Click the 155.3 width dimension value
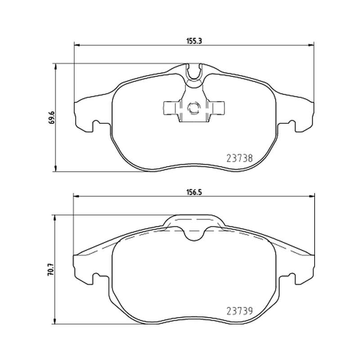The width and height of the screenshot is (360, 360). pos(194,41)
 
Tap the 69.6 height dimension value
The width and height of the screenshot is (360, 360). pos(52,117)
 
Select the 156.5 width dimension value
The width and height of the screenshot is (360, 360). pos(194,193)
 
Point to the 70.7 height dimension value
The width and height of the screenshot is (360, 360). pos(51,270)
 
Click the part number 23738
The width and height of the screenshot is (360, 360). pos(240,158)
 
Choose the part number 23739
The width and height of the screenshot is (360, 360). pos(240,311)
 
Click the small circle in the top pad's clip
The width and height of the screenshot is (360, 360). pos(194,108)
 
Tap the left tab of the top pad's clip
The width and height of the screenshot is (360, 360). pos(171,108)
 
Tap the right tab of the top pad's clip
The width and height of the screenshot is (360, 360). pos(216,108)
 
